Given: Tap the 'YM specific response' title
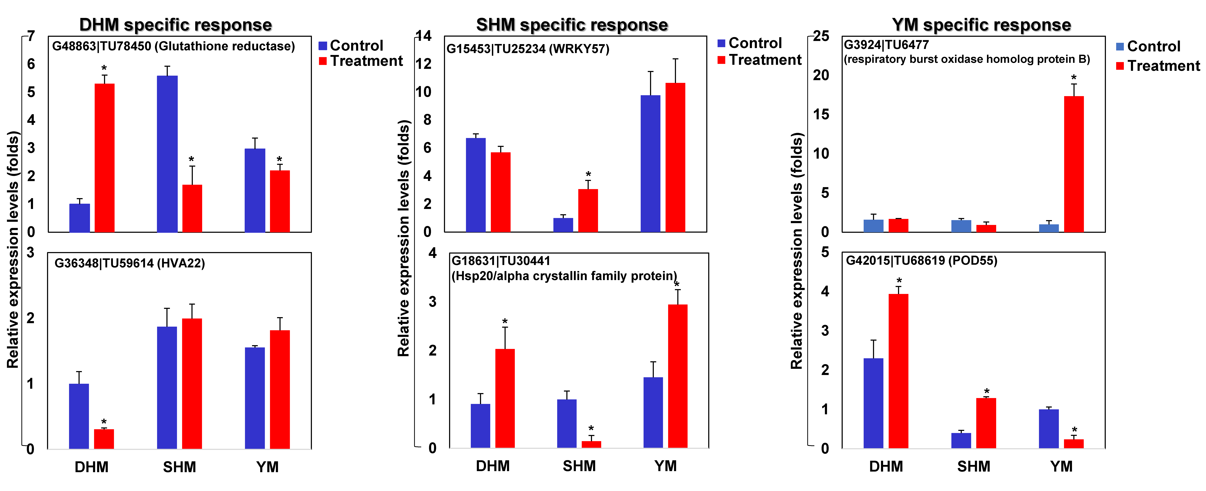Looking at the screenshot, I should [981, 25].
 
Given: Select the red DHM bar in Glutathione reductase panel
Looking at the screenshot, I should [104, 158].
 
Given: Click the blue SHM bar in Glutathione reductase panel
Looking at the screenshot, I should [167, 154].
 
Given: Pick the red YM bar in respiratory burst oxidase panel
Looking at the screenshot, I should [1073, 164].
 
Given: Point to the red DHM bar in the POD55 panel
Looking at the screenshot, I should [898, 371].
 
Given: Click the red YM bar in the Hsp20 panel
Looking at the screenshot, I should [677, 376].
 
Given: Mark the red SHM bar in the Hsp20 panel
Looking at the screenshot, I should [591, 444].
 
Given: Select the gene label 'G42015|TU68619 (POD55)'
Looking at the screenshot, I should [921, 261].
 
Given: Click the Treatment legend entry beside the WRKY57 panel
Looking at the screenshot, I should [759, 60].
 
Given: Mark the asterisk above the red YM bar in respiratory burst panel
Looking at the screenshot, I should [1073, 77].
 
